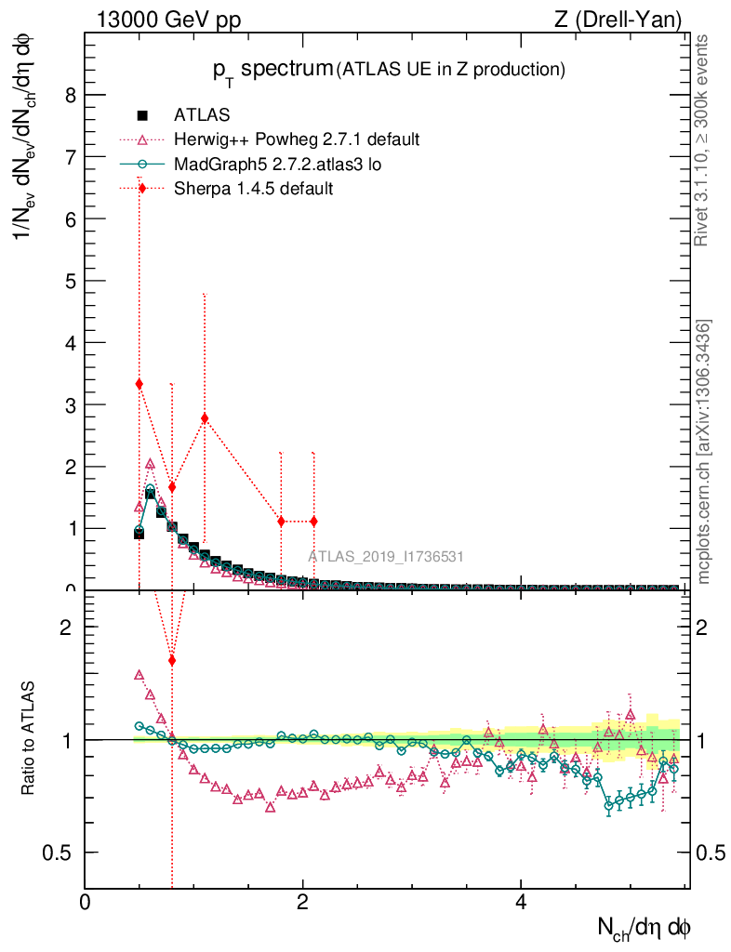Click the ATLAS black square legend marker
(x=142, y=115)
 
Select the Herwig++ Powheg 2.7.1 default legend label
(x=297, y=139)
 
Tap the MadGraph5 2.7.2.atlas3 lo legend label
(x=277, y=164)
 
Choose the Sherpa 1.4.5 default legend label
(x=254, y=188)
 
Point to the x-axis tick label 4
(x=521, y=903)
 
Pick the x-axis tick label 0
(x=85, y=903)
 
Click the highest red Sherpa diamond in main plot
(x=140, y=384)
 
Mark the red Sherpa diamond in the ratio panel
(x=172, y=660)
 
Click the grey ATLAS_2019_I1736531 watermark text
(x=386, y=557)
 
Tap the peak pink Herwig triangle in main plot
(x=150, y=463)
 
